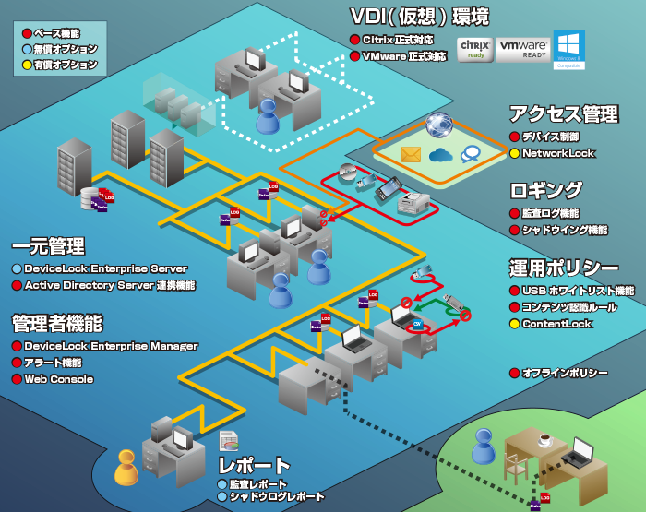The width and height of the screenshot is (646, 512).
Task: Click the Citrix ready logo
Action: pos(474,48)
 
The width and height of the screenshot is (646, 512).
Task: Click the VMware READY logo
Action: pos(522,48)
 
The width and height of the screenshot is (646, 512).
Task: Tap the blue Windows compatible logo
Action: pos(568,49)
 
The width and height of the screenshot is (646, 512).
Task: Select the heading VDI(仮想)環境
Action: pos(419,17)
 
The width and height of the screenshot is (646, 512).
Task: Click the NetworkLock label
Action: pos(558,153)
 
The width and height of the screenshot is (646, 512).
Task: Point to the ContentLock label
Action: pos(556,324)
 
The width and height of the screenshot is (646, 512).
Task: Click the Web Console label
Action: pos(58,379)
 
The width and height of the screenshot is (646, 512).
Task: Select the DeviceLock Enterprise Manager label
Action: pos(111,346)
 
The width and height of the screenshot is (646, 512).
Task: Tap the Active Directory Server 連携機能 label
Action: pos(109,285)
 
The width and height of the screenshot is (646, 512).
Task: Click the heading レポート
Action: pos(255,465)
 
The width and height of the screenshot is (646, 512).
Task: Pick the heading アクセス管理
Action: pos(563,113)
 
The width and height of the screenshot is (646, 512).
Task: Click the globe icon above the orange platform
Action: pos(439,125)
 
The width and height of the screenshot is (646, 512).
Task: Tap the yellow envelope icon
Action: pos(411,154)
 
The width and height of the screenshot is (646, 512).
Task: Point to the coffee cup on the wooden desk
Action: pos(544,439)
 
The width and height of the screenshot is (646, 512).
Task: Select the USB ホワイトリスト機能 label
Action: pos(578,291)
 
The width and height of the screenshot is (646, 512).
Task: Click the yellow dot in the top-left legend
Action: pos(27,65)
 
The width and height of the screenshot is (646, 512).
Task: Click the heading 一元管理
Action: pos(48,246)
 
